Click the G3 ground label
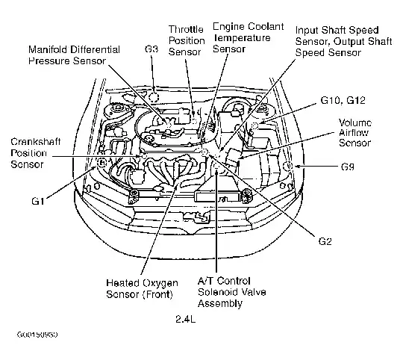(151, 49)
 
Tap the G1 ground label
(38, 201)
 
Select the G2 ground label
(325, 241)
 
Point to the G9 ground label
(348, 167)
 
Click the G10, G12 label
(343, 100)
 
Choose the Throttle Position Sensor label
(187, 40)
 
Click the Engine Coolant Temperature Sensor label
(249, 38)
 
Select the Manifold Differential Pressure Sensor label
(74, 55)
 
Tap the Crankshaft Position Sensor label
(36, 153)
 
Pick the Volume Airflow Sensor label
(355, 133)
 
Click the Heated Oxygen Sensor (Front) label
(142, 288)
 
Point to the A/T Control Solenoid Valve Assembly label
(232, 292)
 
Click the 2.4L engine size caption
(185, 319)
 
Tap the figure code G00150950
(37, 335)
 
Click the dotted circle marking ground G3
(154, 97)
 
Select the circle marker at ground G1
(102, 163)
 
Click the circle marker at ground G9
(287, 166)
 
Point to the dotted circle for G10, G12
(254, 125)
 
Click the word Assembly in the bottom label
(220, 303)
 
